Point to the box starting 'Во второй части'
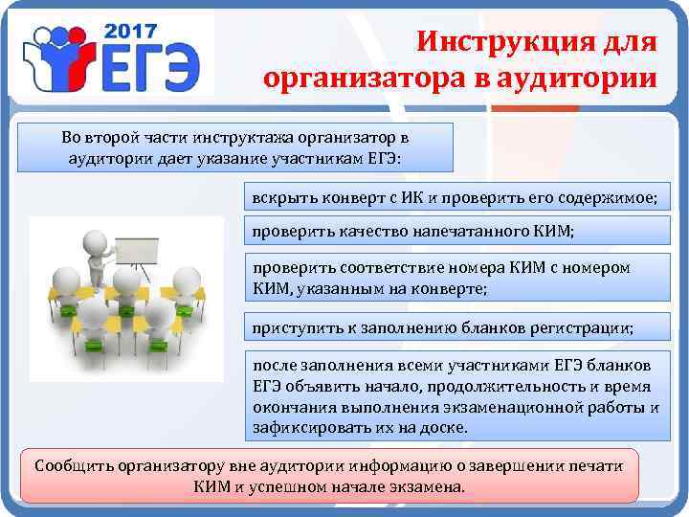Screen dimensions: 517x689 [234, 147]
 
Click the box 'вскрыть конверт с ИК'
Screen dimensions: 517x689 [455, 197]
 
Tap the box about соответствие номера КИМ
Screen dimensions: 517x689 [455, 277]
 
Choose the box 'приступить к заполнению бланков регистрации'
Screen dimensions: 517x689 [455, 328]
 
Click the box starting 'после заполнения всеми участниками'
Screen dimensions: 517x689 [455, 396]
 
